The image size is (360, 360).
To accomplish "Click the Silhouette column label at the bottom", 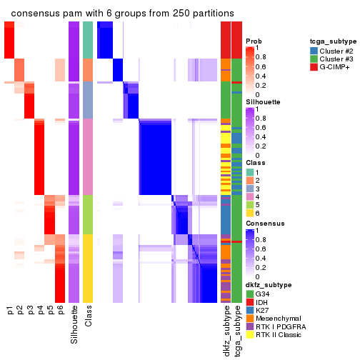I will pos(75,326).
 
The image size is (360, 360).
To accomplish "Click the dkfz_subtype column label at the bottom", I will pos(226,333).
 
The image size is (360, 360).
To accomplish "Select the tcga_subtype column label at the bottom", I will pos(236,332).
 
